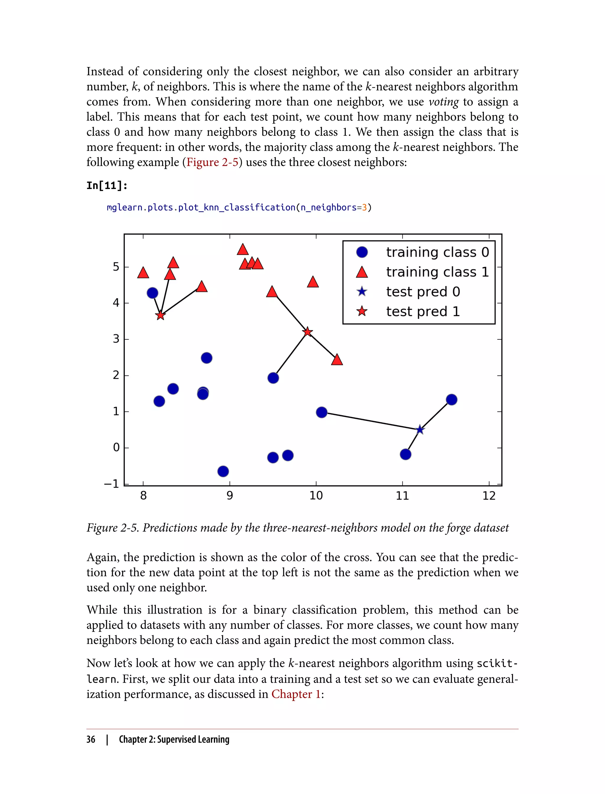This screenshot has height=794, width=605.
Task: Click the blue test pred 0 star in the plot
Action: (x=420, y=429)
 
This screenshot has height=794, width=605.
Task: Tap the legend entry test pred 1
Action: (x=423, y=311)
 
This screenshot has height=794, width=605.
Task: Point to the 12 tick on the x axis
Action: (x=489, y=496)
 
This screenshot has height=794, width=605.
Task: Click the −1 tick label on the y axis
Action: (x=111, y=484)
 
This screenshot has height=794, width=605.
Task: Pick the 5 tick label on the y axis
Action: (x=116, y=267)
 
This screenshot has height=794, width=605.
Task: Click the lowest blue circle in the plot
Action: (x=223, y=471)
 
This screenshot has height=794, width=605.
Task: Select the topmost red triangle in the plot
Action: (x=243, y=250)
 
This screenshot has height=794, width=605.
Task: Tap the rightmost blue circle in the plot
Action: (x=452, y=400)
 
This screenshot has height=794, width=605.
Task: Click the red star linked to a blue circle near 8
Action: (x=160, y=315)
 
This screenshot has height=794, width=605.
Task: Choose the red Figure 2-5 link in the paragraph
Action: (x=212, y=162)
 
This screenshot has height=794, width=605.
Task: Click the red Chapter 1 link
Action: (x=296, y=694)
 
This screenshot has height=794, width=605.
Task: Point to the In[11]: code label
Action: (x=107, y=186)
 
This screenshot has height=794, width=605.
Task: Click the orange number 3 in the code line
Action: (x=365, y=208)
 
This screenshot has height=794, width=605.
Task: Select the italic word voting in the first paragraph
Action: (x=444, y=102)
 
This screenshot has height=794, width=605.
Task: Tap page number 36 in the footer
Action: (x=91, y=739)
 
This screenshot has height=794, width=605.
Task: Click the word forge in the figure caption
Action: (x=458, y=528)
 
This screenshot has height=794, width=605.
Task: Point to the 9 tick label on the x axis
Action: (x=230, y=496)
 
